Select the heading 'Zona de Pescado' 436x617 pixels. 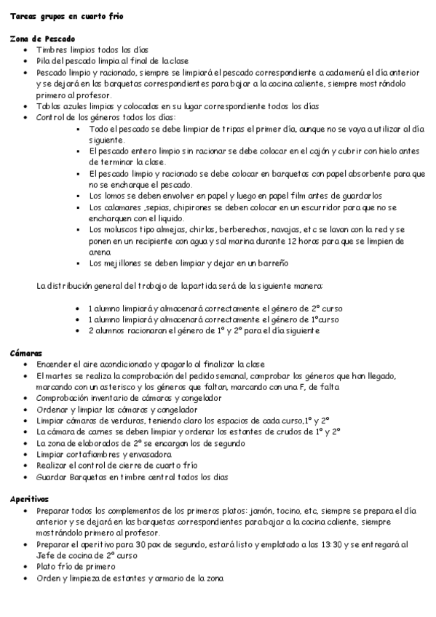tap(42, 39)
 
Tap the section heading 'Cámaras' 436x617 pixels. tap(26, 353)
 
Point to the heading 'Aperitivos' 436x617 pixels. tap(29, 499)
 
